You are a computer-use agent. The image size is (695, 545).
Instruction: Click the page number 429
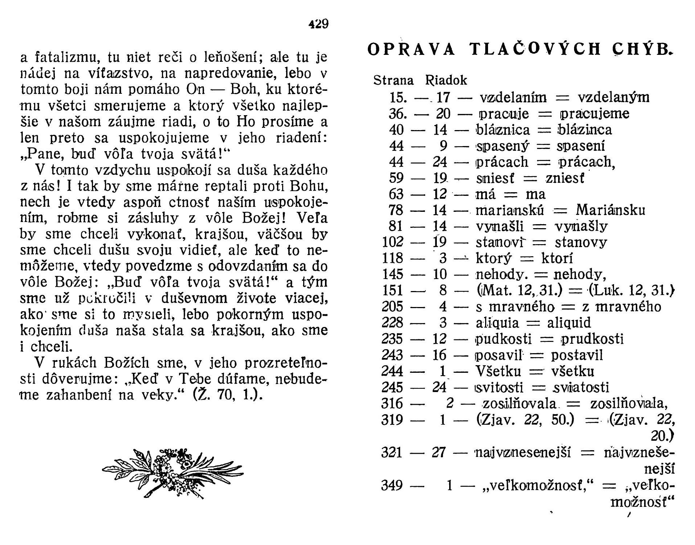(x=318, y=24)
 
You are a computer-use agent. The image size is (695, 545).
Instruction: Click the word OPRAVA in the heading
(x=411, y=49)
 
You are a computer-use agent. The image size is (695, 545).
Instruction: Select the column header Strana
(x=394, y=80)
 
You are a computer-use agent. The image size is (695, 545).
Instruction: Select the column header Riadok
(x=446, y=80)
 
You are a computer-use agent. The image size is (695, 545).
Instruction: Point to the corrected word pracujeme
(x=595, y=114)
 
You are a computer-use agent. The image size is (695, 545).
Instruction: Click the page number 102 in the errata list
(x=393, y=242)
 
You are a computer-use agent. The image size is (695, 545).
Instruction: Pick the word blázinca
(x=584, y=130)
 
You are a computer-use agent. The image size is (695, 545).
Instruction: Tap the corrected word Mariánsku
(x=610, y=210)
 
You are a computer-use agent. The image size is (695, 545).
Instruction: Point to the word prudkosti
(x=592, y=339)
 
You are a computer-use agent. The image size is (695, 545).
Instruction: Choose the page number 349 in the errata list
(x=392, y=485)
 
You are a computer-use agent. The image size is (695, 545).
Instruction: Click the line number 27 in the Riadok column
(x=439, y=453)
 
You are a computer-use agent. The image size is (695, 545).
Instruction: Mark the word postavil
(x=577, y=355)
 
